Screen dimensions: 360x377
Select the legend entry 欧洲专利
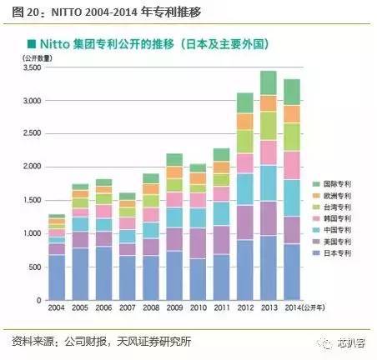[x=339, y=196]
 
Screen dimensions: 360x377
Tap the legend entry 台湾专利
[x=339, y=210]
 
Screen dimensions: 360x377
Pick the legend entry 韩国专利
[x=339, y=223]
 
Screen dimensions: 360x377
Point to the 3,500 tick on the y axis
[x=31, y=68]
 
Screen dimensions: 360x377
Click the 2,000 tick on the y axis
[x=31, y=167]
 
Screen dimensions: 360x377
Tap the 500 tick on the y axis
[x=34, y=267]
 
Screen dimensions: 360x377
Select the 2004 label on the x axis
[x=56, y=309]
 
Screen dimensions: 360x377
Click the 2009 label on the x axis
[x=174, y=309]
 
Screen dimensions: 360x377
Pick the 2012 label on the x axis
[x=245, y=309]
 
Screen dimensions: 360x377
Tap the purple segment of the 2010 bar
[x=198, y=242]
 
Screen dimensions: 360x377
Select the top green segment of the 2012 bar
[x=245, y=102]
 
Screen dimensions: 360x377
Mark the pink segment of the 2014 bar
[x=292, y=165]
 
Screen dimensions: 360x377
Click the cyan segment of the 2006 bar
[x=103, y=224]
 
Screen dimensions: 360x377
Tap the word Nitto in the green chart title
[x=58, y=42]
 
